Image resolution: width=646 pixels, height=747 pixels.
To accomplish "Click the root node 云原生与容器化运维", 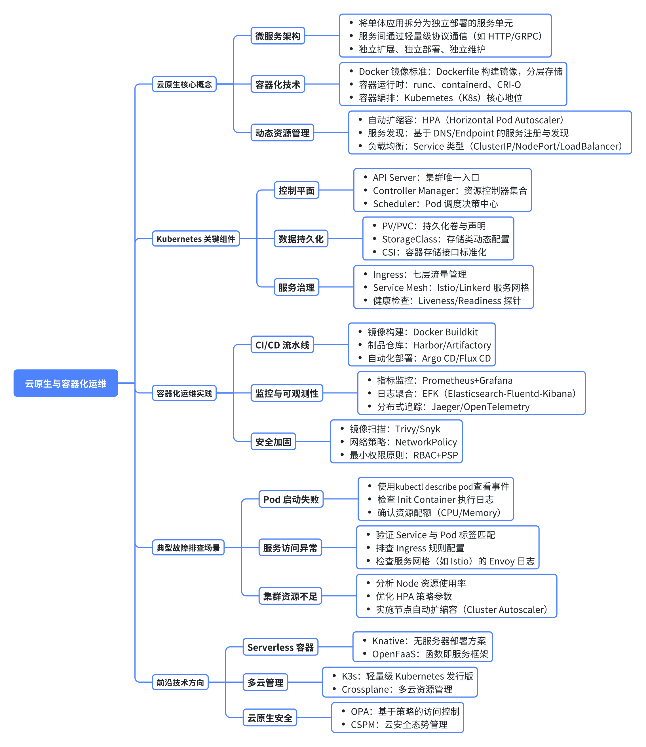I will point(66,383).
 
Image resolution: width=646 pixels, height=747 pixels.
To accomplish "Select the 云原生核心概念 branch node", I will point(184,84).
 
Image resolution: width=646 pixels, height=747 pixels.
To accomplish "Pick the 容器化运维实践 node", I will point(184,393).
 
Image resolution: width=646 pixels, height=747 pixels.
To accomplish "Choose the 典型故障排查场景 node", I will point(188,547).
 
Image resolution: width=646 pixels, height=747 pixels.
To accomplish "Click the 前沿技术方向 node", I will point(180,682).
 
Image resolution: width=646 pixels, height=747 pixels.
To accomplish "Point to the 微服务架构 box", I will point(277,36).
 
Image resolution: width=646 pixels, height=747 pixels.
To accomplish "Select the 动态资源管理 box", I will point(282,133).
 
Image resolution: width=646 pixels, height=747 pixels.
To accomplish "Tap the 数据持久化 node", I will point(301,239).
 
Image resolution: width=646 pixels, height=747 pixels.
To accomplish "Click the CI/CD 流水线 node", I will point(282,345).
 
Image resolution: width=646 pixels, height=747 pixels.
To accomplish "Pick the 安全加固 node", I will point(273,442).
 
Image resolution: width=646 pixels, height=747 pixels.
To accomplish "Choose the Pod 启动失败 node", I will point(291,499).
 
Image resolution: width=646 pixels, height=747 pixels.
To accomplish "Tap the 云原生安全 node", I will point(269,718).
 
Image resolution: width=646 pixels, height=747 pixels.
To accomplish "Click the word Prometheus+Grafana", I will point(467,380).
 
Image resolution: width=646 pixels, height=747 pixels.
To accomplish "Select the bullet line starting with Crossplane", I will point(397,689).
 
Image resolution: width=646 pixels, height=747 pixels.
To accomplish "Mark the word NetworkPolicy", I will point(426,442).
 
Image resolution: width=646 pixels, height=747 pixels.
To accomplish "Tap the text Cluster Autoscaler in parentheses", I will point(505,610).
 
